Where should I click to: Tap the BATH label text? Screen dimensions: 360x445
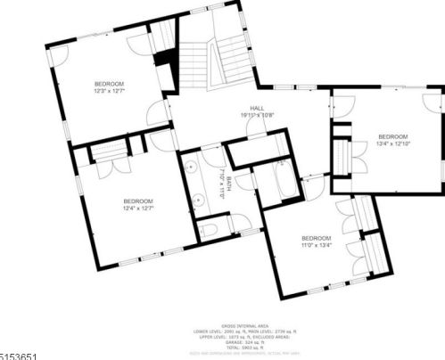pos(228,184)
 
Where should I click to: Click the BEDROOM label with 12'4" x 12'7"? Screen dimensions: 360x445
pos(138,201)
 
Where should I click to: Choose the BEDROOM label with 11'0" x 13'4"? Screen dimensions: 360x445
pos(316,238)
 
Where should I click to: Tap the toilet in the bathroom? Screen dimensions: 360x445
pos(210,230)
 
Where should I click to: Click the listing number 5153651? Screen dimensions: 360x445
pos(19,355)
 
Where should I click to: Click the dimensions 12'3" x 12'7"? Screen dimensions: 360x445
pos(111,91)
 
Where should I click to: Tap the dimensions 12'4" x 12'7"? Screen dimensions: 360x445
pos(138,208)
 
